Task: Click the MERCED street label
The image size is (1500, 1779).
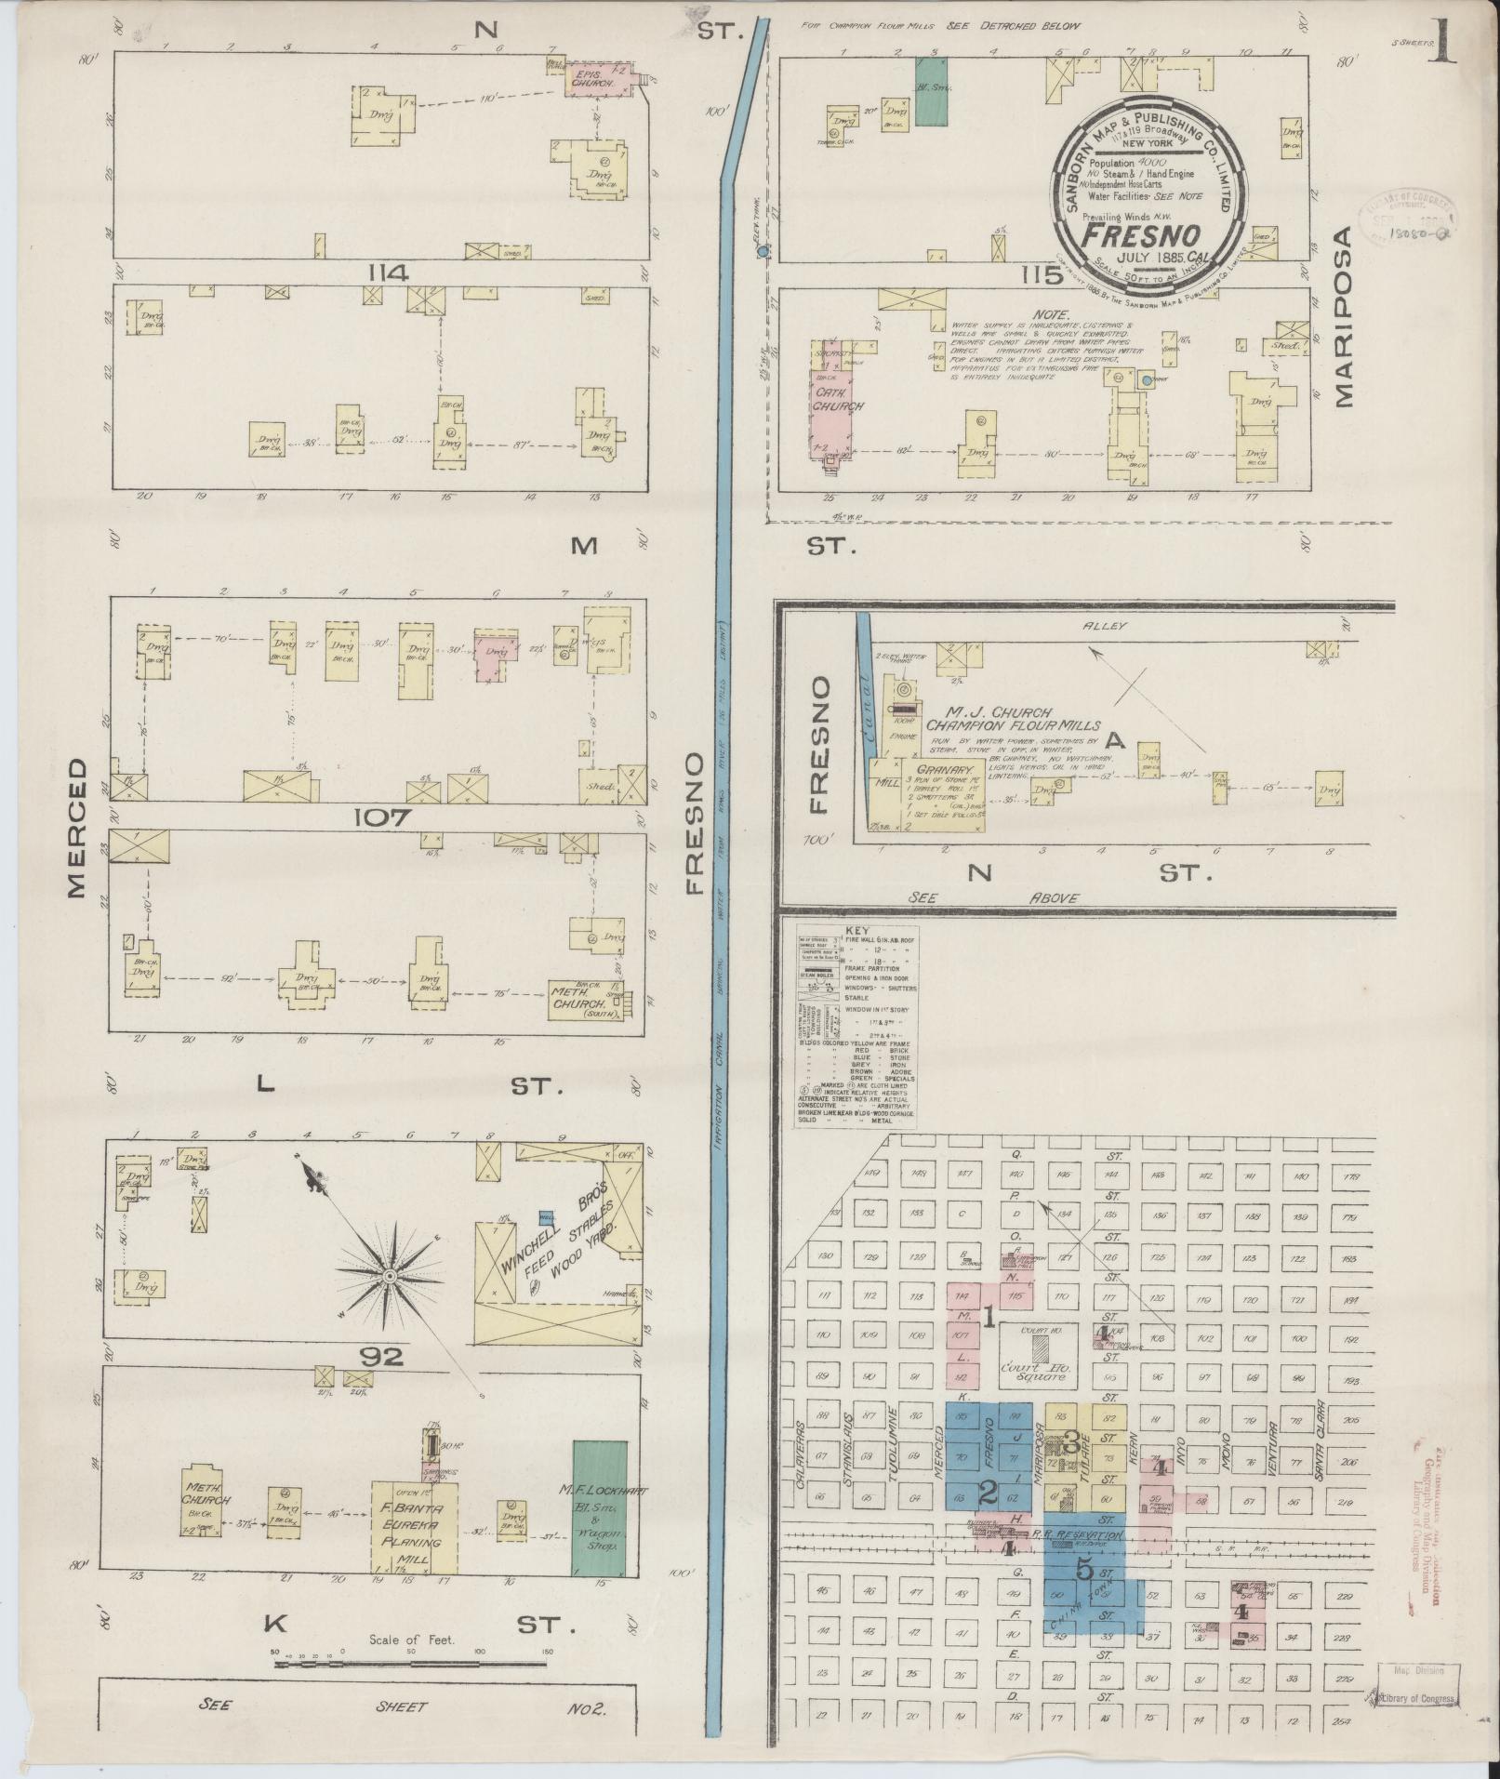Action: (x=76, y=830)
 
